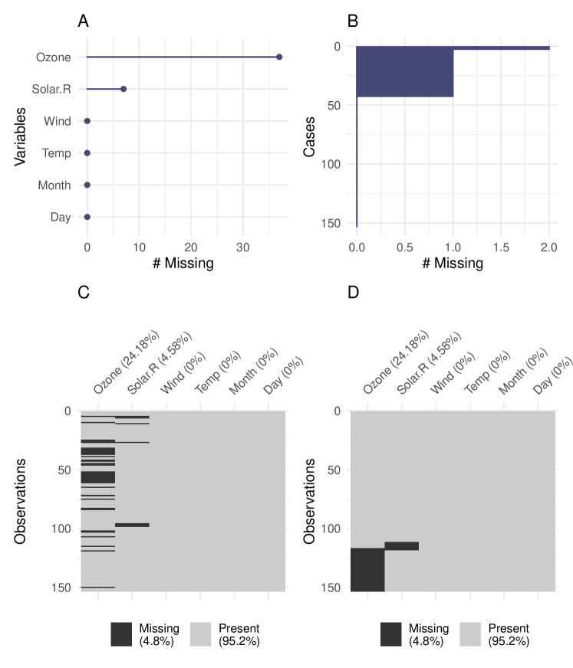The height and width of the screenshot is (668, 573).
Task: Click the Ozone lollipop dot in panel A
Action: [x=279, y=57]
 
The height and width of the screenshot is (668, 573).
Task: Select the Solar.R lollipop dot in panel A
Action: [x=123, y=89]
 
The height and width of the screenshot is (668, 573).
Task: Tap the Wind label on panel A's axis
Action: [x=58, y=121]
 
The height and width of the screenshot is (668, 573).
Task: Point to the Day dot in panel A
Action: [x=87, y=217]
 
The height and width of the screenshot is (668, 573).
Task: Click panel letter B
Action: [x=353, y=21]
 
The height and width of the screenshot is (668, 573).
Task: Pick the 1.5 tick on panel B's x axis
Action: [x=501, y=247]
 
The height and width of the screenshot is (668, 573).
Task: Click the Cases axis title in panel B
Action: [x=310, y=136]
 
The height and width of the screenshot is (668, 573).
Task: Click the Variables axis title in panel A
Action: [x=21, y=136]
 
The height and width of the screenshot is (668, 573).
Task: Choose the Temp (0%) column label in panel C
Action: [x=214, y=376]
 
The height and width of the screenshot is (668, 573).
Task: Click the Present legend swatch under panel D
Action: [x=474, y=634]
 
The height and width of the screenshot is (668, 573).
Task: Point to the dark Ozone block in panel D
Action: [x=367, y=569]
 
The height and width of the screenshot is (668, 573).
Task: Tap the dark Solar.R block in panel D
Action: [x=401, y=545]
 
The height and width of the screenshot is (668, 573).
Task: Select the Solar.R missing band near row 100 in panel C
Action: [x=132, y=525]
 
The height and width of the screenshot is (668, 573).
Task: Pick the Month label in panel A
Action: [x=54, y=185]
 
